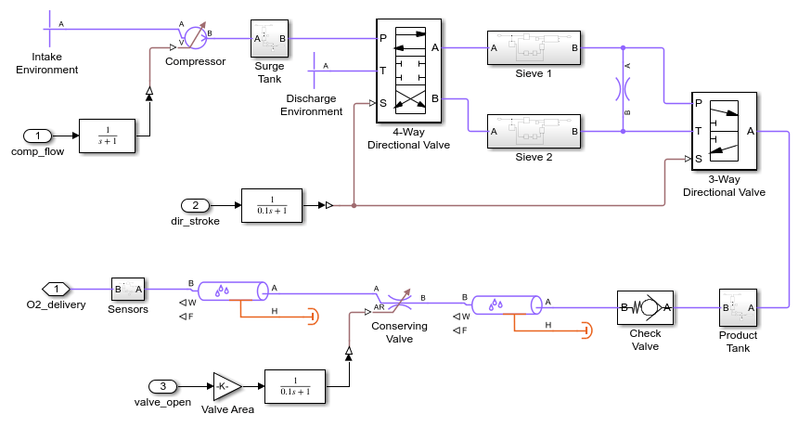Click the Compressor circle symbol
195,38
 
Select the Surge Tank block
270,39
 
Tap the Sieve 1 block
534,47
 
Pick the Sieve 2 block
534,132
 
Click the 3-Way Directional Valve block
724,131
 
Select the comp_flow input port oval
38,136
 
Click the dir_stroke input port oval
196,205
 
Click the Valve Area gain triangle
226,386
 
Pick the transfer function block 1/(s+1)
108,136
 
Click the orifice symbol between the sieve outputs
623,89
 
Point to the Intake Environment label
47,63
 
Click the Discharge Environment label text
315,105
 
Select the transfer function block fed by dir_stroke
271,205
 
